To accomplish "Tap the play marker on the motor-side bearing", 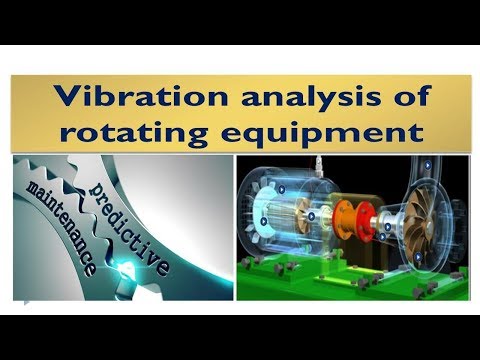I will coord(313,215).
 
